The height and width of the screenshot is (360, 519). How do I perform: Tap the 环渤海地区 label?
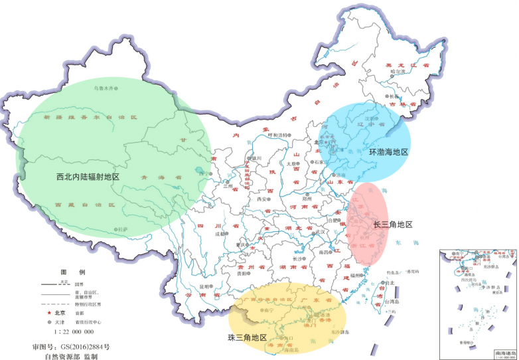(388, 152)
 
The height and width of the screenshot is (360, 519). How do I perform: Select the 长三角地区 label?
(393, 225)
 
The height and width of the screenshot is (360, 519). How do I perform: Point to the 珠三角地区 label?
(247, 338)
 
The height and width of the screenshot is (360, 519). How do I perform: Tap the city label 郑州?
(306, 198)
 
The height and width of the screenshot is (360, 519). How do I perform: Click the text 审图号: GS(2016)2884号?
(70, 347)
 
